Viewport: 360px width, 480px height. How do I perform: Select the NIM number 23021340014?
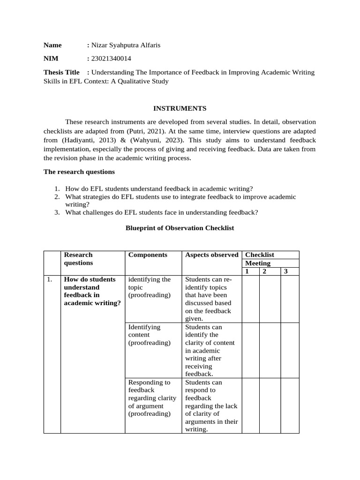[x=111, y=59]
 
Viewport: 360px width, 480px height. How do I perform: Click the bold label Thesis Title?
[x=61, y=72]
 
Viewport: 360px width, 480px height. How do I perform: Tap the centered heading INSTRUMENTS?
[x=180, y=108]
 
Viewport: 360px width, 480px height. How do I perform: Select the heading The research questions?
[x=79, y=172]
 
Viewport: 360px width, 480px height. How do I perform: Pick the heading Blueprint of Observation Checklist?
[x=180, y=228]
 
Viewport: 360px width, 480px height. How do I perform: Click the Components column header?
[x=148, y=255]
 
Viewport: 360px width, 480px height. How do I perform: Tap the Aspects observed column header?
[x=211, y=255]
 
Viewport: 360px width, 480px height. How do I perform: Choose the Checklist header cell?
[x=260, y=255]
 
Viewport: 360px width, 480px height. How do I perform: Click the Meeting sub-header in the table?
[x=258, y=263]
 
